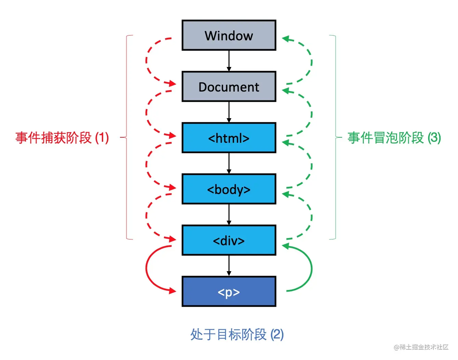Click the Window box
point(229,36)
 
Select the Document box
point(229,87)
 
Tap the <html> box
point(229,138)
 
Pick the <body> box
point(229,189)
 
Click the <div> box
point(229,240)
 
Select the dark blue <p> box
point(229,292)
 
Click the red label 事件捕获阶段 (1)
point(62,138)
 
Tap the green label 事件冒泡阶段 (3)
point(394,138)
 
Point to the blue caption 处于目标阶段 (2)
point(237,334)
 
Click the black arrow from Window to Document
point(229,61)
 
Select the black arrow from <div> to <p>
point(229,266)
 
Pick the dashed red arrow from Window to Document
point(147,61)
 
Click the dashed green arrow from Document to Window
point(311,61)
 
